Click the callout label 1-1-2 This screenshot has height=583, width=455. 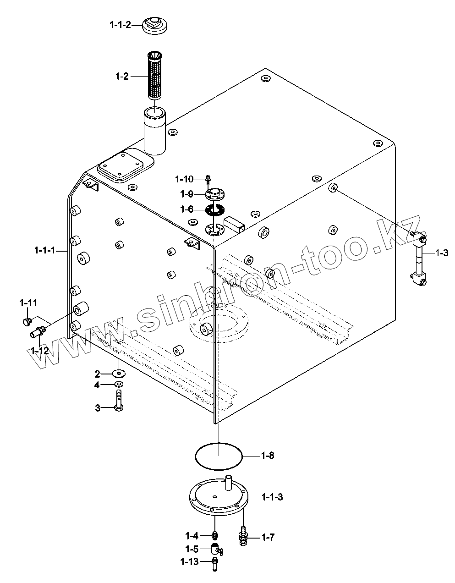pyautogui.click(x=120, y=25)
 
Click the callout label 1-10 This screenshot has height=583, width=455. pyautogui.click(x=185, y=179)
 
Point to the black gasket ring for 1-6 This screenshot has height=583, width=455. pyautogui.click(x=214, y=210)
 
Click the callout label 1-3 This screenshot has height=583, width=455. pyautogui.click(x=441, y=253)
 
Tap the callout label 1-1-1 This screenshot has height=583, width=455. pyautogui.click(x=45, y=250)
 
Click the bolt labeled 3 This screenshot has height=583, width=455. pyautogui.click(x=119, y=401)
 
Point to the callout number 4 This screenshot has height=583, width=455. pyautogui.click(x=97, y=385)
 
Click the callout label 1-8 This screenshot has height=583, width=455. pyautogui.click(x=268, y=456)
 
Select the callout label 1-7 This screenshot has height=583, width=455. pyautogui.click(x=268, y=537)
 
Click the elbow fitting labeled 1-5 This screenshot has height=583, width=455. pyautogui.click(x=215, y=548)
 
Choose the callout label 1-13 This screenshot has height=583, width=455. pyautogui.click(x=189, y=561)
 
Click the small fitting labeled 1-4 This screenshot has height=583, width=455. pyautogui.click(x=214, y=534)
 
